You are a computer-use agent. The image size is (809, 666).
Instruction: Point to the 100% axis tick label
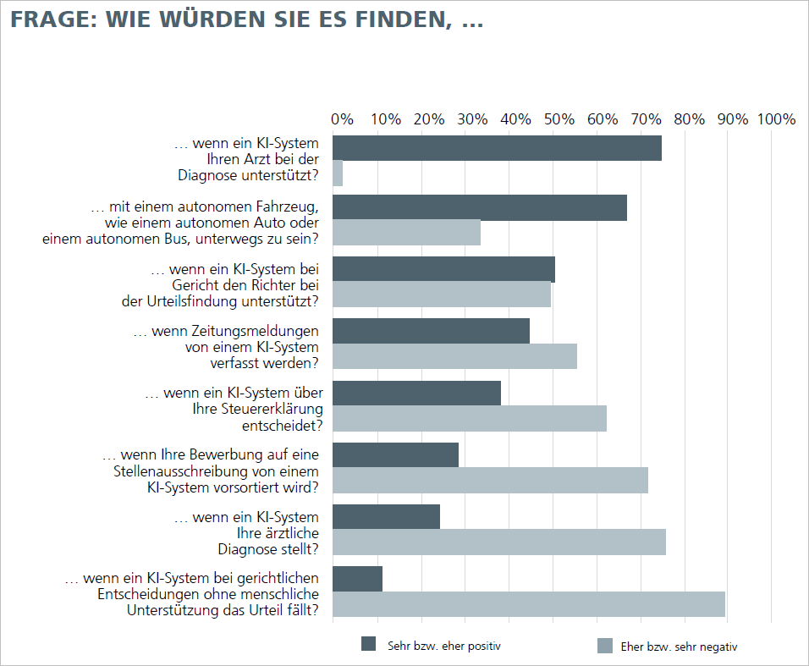[777, 119]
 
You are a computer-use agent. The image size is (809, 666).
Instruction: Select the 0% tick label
[342, 119]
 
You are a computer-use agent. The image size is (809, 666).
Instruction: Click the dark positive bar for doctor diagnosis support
[497, 148]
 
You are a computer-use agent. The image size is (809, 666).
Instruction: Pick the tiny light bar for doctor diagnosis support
[338, 173]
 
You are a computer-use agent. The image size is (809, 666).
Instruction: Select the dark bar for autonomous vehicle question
[480, 208]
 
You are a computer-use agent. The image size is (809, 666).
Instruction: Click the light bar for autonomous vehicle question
[406, 233]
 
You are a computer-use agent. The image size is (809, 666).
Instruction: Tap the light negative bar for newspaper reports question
[454, 356]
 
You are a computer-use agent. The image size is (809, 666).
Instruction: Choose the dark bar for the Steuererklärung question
[416, 394]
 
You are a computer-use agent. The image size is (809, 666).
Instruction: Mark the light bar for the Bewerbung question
[490, 480]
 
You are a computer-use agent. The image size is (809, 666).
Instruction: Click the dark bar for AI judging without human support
[357, 579]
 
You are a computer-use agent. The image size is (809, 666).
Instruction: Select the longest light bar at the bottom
[529, 604]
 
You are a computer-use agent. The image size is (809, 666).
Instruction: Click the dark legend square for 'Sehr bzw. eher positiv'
[368, 644]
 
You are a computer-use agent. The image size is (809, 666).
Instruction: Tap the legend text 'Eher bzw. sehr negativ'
[680, 647]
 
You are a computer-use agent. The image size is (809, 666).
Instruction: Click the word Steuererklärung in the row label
[270, 409]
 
